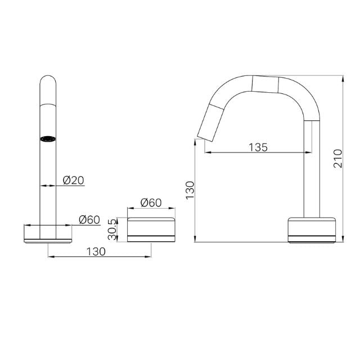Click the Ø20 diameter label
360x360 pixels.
pos(73,180)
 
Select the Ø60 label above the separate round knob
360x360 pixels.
pos(151,202)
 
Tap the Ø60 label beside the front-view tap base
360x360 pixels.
pos(89,219)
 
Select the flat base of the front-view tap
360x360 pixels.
pos(48,234)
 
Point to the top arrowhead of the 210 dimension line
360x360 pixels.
pos(343,77)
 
